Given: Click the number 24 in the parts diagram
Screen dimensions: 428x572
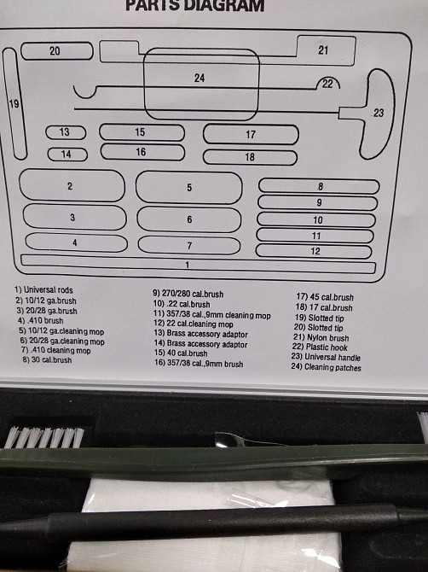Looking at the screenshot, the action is coord(200,78).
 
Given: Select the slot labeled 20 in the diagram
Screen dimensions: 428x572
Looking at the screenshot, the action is coord(57,50).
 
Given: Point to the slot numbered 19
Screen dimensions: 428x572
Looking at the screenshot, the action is coord(14,104).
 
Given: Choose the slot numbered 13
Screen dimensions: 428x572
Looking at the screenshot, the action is coord(66,132).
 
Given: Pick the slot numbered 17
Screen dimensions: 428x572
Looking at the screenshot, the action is coord(251,134).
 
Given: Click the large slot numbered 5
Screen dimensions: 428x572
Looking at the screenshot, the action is coord(188,187).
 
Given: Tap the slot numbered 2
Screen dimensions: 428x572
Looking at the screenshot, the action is coord(72,185).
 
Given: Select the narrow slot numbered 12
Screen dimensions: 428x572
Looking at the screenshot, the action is coord(314,251).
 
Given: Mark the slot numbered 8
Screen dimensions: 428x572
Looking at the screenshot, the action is coord(319,186).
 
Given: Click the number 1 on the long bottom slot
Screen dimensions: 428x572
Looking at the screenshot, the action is coord(188,265).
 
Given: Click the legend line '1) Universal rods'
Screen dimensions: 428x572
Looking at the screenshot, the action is coord(43,290).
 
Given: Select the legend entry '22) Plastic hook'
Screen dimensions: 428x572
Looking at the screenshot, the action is coord(320,347).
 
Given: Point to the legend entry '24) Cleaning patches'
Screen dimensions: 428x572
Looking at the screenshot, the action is coord(326,367).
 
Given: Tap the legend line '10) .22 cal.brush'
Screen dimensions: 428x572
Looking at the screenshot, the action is coord(182,304).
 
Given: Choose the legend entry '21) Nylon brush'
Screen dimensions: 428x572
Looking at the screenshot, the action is coord(321,337).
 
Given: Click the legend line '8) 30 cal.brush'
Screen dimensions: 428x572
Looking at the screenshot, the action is coord(47,360).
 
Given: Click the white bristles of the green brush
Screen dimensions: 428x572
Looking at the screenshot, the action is coord(44,437).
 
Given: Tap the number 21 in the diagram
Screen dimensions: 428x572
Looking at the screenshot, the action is coord(323,50).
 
